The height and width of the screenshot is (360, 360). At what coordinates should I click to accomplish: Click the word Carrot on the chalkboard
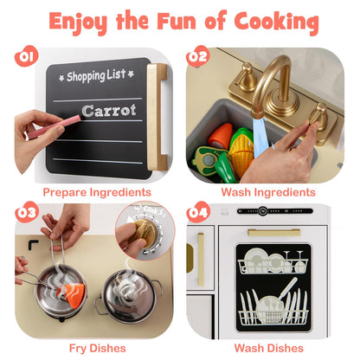[x=109, y=111]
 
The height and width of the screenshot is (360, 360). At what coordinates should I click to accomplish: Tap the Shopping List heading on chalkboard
[x=96, y=76]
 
